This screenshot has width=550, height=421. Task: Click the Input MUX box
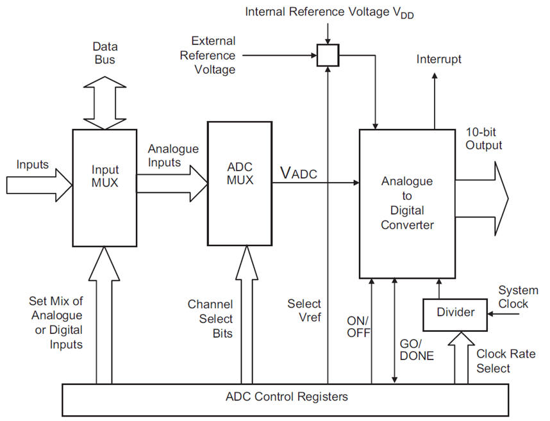[x=105, y=188]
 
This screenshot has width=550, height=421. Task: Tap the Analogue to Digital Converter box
[x=406, y=202]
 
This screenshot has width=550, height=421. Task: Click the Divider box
[x=455, y=313]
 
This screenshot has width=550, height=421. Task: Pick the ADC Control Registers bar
[x=287, y=397]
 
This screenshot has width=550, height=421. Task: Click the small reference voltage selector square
[x=328, y=56]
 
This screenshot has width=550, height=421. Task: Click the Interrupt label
[x=438, y=60]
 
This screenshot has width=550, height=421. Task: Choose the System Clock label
[x=518, y=297]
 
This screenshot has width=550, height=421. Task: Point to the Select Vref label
[x=304, y=310]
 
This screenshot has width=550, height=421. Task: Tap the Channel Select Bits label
[x=210, y=318]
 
